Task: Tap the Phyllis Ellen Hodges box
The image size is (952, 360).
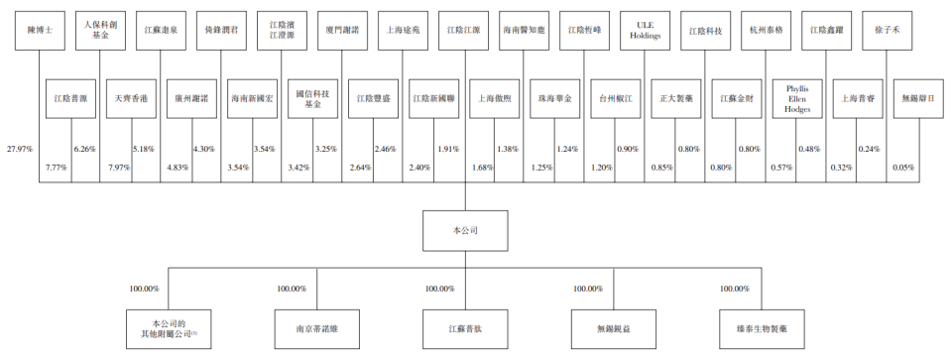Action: [797, 99]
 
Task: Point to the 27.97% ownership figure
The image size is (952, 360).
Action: [19, 149]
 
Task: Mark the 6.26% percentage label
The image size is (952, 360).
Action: [85, 149]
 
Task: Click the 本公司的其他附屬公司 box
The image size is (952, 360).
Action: [169, 327]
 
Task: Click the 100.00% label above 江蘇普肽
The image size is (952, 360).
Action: [439, 289]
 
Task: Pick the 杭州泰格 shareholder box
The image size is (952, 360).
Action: [767, 31]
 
